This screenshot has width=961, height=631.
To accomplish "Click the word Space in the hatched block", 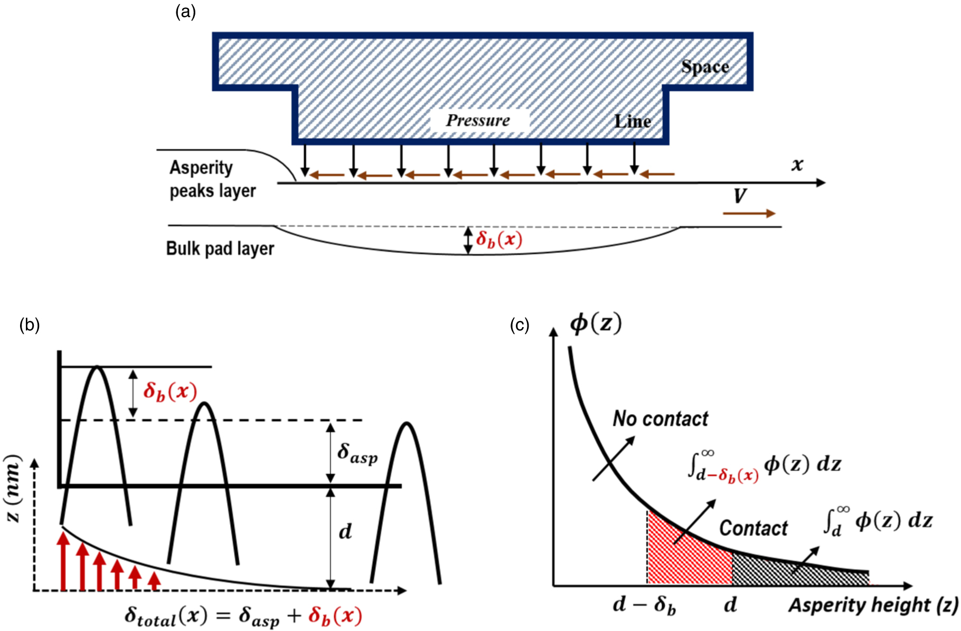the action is click(704, 67).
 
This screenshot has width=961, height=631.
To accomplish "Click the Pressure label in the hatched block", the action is click(478, 120).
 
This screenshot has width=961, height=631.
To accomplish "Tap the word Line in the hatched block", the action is click(632, 121).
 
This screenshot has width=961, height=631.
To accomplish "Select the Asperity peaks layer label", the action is click(212, 179).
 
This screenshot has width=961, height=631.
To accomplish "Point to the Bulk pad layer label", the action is click(220, 248).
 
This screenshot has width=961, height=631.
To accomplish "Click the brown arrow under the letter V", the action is click(749, 213).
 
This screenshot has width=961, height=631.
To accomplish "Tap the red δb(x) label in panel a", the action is click(498, 240).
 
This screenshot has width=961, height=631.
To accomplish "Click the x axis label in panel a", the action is click(797, 165).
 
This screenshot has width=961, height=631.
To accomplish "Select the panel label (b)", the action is click(29, 324).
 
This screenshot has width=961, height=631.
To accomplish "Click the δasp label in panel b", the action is click(357, 454).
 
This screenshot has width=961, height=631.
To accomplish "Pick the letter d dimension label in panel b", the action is click(345, 532).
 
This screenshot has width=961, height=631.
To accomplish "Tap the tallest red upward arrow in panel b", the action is click(63, 561).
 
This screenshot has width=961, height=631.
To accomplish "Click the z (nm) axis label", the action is click(13, 488).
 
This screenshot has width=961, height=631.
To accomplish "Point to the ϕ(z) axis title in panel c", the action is click(595, 323).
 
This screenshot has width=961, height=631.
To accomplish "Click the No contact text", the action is click(660, 419).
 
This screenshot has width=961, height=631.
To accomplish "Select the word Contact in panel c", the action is click(753, 528).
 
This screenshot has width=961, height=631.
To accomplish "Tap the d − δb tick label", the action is click(644, 605).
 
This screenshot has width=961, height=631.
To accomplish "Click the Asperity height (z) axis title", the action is click(872, 605).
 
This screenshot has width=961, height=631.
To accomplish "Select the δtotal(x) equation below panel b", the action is click(243, 615).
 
